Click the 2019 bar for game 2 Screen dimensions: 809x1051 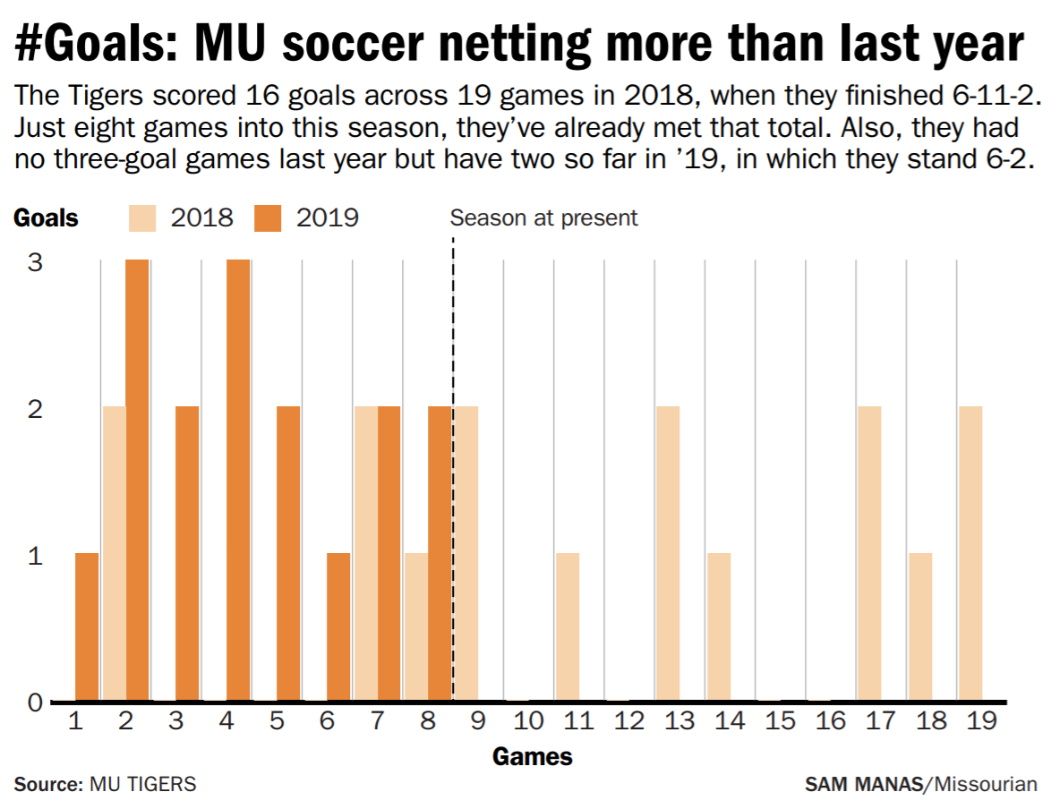tap(137, 480)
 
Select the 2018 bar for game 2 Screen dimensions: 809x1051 tap(114, 553)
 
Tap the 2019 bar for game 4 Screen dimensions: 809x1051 tap(238, 480)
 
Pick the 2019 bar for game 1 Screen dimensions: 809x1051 tap(87, 626)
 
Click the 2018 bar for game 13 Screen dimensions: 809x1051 tap(667, 553)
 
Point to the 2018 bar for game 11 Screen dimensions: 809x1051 tap(567, 626)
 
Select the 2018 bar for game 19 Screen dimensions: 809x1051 tap(970, 553)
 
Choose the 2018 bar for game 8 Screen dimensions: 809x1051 tap(415, 626)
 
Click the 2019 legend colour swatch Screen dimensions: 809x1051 tap(268, 217)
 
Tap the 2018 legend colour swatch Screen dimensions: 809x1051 tap(143, 217)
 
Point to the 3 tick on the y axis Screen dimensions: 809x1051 tap(34, 262)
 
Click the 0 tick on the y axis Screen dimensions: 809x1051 tap(34, 702)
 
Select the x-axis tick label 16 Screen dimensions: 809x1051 tap(830, 721)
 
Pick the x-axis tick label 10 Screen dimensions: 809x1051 tap(527, 721)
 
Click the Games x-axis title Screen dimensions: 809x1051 tap(532, 757)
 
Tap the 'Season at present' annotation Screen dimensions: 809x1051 tap(543, 217)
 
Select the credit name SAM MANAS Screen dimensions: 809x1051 tap(863, 785)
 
